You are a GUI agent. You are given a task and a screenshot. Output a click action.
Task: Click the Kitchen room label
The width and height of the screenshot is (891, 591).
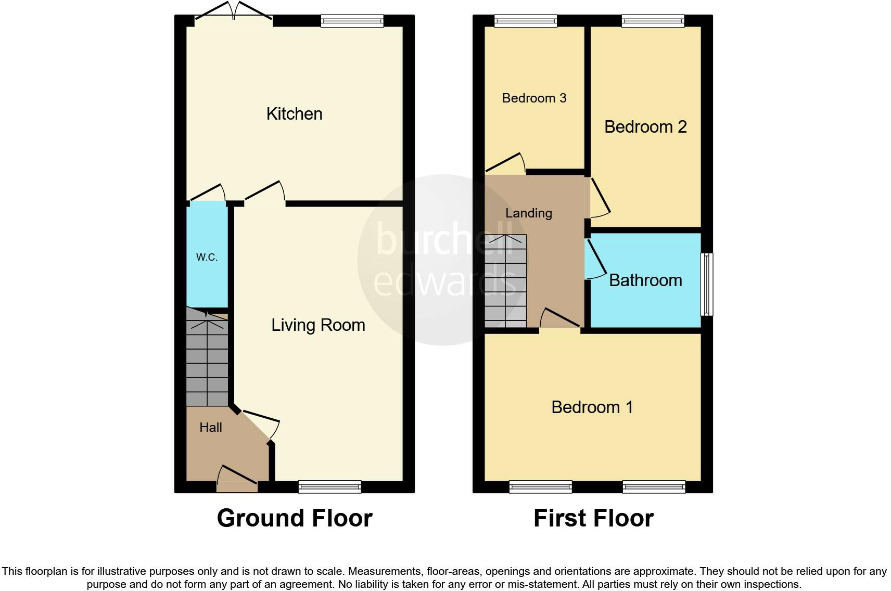pos(294,114)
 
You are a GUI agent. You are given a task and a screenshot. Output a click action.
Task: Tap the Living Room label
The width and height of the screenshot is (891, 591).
pos(318,325)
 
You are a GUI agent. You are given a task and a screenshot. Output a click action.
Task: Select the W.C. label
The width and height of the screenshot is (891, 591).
pos(207,257)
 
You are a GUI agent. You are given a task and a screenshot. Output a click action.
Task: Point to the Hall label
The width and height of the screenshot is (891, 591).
pos(211,428)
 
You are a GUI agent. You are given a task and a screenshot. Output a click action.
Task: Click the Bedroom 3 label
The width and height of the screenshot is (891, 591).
pos(534,98)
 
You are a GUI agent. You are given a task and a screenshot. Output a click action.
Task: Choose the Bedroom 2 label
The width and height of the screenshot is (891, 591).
pos(645,127)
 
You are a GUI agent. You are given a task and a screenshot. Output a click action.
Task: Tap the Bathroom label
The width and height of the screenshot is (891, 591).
pos(645,280)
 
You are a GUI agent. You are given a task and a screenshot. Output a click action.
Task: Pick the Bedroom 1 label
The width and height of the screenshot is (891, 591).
pos(592,407)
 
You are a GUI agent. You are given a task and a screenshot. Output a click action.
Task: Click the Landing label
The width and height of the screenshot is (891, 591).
pos(529,213)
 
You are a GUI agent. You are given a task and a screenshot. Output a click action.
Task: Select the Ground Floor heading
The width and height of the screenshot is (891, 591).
pos(295,518)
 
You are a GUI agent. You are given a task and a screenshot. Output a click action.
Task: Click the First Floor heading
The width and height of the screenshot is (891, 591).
pos(593,518)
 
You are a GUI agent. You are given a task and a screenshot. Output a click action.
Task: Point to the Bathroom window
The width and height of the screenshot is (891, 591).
pos(706,285)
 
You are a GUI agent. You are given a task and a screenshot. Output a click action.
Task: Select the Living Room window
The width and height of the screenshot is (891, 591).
pos(329,487)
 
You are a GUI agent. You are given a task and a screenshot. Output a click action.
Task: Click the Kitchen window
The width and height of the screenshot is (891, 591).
pos(352,21)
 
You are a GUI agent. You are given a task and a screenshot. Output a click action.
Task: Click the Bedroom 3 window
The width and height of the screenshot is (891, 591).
pos(526,21)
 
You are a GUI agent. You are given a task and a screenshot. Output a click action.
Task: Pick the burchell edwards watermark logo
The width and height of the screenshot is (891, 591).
pos(443,260)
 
